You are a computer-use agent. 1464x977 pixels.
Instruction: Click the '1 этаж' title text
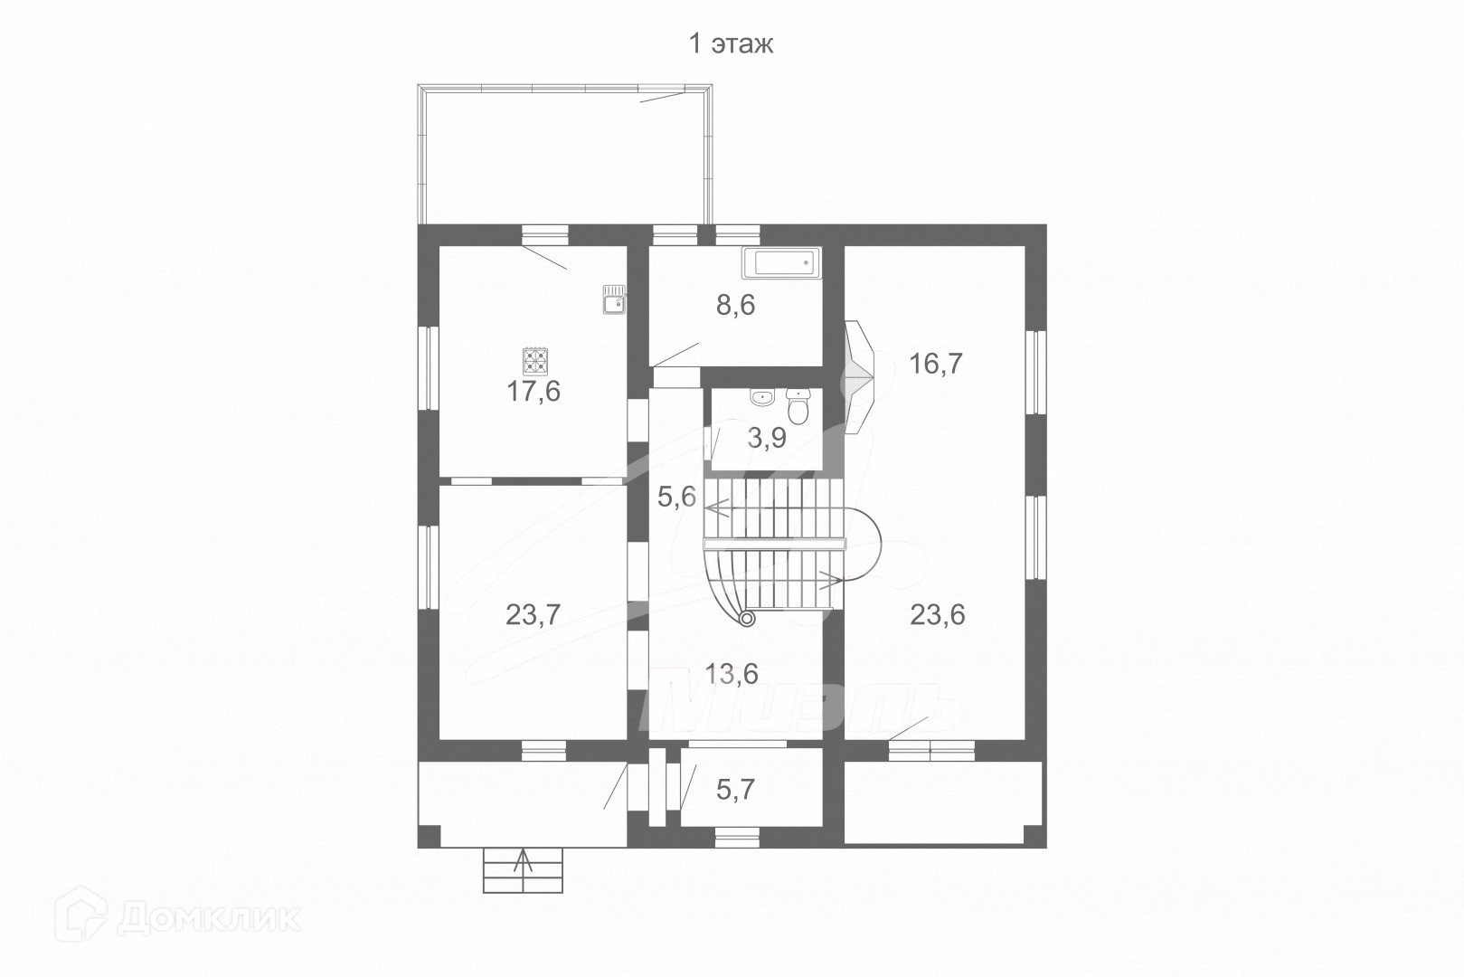pos(732,44)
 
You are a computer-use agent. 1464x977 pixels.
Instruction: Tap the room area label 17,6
pos(534,392)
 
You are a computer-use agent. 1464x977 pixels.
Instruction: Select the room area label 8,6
pos(735,306)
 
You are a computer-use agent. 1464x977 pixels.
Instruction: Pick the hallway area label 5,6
pos(677,496)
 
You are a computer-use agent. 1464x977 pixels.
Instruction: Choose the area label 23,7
pos(534,615)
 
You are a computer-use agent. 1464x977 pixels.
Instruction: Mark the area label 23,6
pos(937,615)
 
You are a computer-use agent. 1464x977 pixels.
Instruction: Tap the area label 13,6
pos(731,673)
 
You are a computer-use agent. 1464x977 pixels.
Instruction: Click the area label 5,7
pos(735,790)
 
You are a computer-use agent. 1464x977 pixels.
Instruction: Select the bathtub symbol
pos(781,264)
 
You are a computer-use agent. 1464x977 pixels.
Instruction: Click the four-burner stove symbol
pos(535,362)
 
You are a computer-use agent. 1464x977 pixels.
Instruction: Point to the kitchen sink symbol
pos(615,299)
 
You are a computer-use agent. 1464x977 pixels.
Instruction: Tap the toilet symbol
pos(798,407)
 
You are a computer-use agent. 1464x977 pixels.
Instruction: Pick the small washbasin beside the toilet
pos(761,397)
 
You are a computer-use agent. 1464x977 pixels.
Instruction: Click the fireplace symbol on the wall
pos(858,378)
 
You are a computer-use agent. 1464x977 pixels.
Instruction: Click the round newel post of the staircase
pos(747,619)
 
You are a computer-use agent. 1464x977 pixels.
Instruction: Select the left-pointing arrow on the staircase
pos(719,508)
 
